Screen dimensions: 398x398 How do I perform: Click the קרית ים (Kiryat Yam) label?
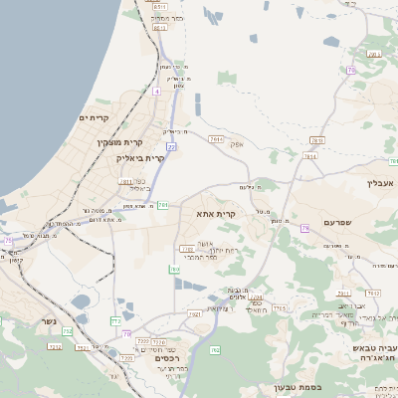(x=93, y=117)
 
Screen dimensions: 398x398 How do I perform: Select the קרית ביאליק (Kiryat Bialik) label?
(x=138, y=157)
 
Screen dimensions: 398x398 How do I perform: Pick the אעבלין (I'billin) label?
(x=381, y=182)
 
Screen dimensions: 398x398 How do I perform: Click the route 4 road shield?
(x=156, y=91)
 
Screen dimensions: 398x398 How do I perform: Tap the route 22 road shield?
(x=171, y=146)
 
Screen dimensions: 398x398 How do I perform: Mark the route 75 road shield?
(x=9, y=241)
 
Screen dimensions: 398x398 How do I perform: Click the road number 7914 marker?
(x=217, y=139)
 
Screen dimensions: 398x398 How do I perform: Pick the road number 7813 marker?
(x=316, y=140)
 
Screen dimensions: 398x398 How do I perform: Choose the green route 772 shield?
(x=67, y=332)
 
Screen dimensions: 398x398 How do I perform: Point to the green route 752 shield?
(x=55, y=346)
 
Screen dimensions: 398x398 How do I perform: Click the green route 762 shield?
(x=215, y=350)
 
